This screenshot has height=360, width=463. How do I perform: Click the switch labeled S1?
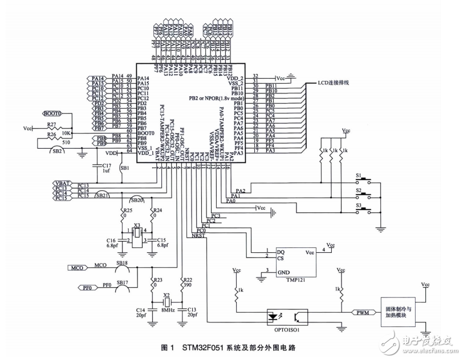(359, 175)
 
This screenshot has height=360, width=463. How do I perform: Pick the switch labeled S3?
(359, 204)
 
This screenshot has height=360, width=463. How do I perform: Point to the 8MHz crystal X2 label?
(167, 302)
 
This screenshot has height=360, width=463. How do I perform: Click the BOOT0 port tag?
(52, 114)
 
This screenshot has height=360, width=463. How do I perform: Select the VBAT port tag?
(62, 183)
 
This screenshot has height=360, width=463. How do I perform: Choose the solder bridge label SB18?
(122, 263)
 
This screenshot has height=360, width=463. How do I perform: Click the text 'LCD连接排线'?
(334, 82)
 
